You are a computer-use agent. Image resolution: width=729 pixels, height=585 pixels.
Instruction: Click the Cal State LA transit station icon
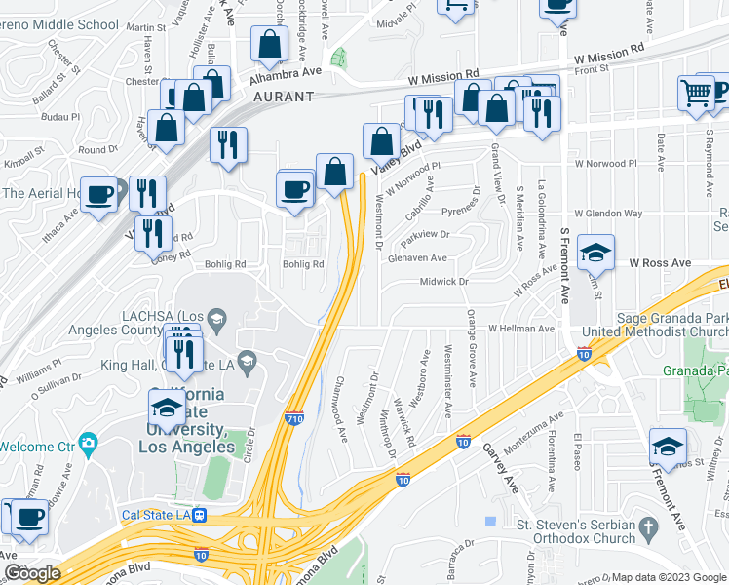pyautogui.click(x=200, y=515)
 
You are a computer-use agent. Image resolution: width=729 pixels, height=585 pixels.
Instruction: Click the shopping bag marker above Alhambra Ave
pyautogui.click(x=268, y=44)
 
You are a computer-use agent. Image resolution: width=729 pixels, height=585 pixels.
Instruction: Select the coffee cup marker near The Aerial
pyautogui.click(x=98, y=195)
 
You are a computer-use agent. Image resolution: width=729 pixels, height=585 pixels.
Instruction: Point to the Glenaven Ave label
pyautogui.click(x=416, y=258)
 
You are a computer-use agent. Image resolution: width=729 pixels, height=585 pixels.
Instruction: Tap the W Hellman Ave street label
pyautogui.click(x=520, y=330)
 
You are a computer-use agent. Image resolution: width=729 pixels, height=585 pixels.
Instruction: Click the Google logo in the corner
pyautogui.click(x=31, y=573)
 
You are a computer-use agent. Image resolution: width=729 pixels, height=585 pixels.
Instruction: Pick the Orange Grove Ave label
pyautogui.click(x=472, y=347)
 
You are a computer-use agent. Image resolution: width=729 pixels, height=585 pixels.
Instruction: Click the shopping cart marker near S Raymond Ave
pyautogui.click(x=697, y=94)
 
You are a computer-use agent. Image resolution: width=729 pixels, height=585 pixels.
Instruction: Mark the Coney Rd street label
pyautogui.click(x=166, y=255)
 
